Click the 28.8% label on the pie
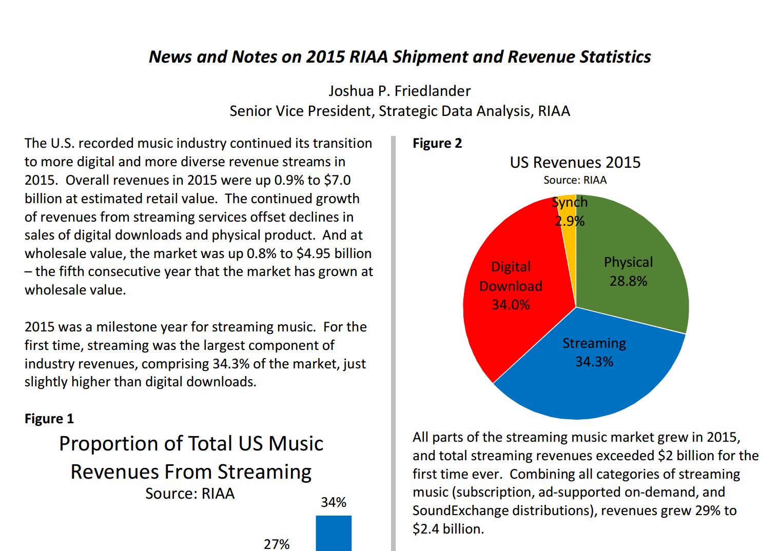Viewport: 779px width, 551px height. (x=629, y=281)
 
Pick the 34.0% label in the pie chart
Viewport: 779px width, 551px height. (x=511, y=305)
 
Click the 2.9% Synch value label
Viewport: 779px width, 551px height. (x=570, y=221)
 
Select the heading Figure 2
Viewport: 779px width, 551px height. (x=437, y=143)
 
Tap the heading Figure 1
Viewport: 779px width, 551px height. (x=49, y=419)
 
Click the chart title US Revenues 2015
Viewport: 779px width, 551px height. (x=575, y=162)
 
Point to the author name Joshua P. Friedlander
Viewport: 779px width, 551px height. (x=400, y=91)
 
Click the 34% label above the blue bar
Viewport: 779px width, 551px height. (x=334, y=502)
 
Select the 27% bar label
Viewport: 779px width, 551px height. (x=277, y=544)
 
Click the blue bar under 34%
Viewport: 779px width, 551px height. (x=334, y=533)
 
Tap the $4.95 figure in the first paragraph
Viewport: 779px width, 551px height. (x=313, y=253)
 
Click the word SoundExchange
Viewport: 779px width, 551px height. (x=460, y=510)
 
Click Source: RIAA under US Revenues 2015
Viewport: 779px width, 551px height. (x=575, y=180)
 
